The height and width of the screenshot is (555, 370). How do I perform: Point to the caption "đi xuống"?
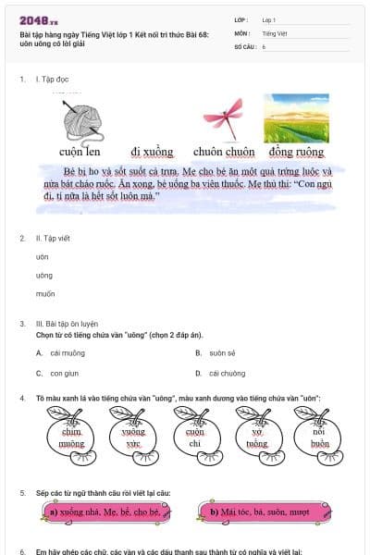(x=149, y=151)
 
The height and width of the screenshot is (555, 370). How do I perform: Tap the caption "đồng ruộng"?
(x=296, y=151)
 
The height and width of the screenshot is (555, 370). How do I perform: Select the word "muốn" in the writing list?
(x=45, y=293)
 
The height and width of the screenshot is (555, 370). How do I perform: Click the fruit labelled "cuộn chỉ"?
(x=195, y=438)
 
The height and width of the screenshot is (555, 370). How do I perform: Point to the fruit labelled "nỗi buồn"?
(x=319, y=438)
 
